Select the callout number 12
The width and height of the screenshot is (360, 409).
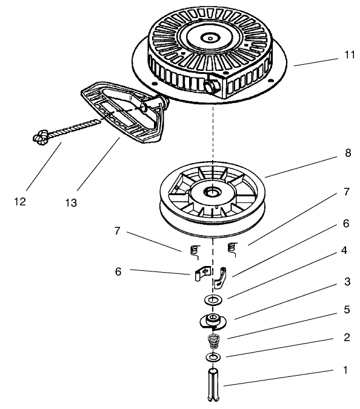pyautogui.click(x=20, y=202)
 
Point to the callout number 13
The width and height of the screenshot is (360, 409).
pyautogui.click(x=72, y=203)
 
